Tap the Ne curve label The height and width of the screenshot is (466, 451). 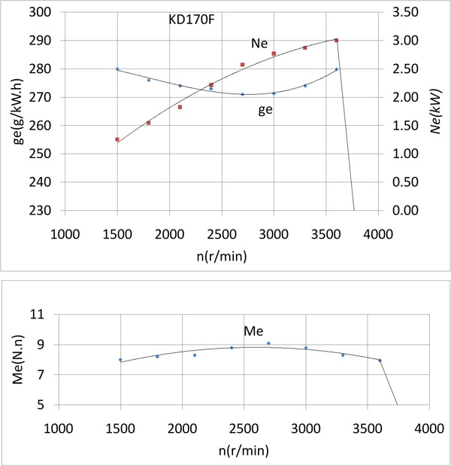(260, 44)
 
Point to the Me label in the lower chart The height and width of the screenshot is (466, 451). (253, 330)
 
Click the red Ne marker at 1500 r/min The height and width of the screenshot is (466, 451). (117, 139)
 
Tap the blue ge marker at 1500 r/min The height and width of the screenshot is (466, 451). (117, 69)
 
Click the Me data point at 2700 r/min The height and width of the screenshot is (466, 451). (268, 343)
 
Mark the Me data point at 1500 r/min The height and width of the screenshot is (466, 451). (120, 360)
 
